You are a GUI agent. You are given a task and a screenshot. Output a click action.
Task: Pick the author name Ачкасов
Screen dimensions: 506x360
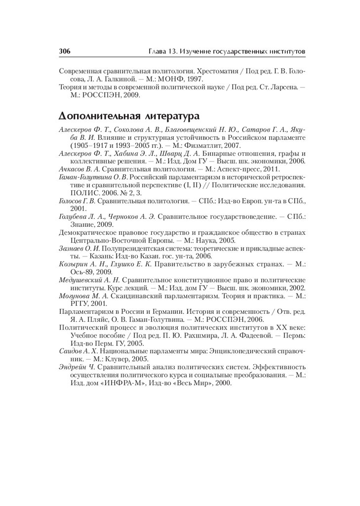coord(72,168)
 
